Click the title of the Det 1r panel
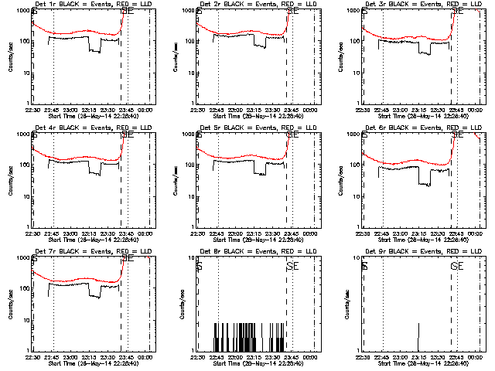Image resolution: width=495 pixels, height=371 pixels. point(90,5)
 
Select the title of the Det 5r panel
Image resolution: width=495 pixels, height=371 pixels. point(256,128)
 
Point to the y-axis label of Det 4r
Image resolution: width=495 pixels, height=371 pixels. point(10,179)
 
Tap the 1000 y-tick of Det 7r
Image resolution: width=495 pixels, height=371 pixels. point(23,257)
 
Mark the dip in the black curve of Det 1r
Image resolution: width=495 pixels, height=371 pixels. point(94,49)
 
